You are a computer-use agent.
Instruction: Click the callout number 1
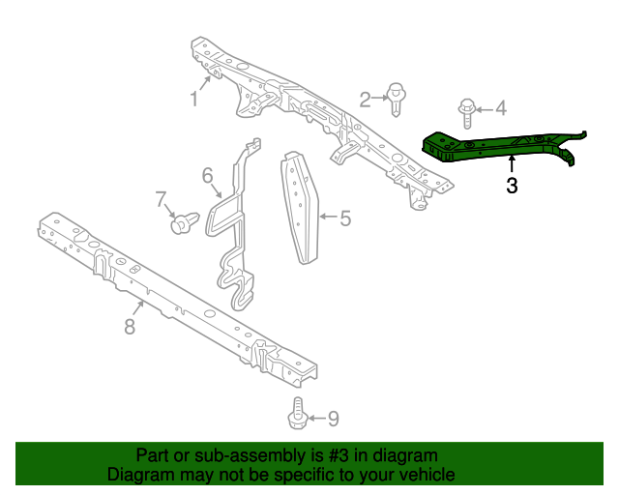point(193,99)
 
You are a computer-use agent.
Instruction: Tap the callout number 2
point(366,99)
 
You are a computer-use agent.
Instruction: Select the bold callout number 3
point(512,186)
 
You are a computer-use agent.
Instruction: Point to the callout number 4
point(501,108)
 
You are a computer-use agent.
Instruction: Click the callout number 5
point(345,218)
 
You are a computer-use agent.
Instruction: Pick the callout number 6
point(207,175)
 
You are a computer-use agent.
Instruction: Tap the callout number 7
point(162,200)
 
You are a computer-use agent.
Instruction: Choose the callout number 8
point(130,327)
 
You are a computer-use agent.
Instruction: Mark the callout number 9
point(333,419)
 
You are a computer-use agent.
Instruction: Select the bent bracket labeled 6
point(235,222)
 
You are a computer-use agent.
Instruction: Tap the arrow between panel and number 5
point(327,218)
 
